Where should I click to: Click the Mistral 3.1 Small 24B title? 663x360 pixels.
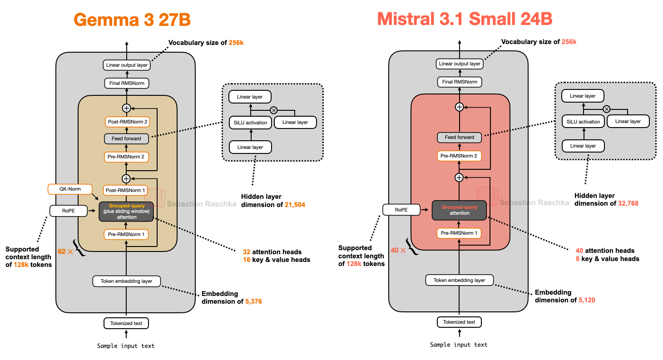(x=465, y=19)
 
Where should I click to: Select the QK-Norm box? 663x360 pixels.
(x=69, y=188)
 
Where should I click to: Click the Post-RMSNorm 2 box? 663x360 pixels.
(x=127, y=122)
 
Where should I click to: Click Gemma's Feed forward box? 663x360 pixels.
(x=127, y=138)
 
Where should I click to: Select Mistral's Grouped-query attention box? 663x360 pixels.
(x=460, y=210)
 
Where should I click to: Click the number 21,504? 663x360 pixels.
(x=295, y=205)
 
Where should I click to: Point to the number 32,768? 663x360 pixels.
(x=628, y=203)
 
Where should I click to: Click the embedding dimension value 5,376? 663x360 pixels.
(x=253, y=301)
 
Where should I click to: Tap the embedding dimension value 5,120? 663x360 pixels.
(x=587, y=300)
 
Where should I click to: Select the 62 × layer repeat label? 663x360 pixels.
(x=65, y=251)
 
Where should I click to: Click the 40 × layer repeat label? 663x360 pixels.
(x=398, y=250)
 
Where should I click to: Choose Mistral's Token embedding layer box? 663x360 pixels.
(x=460, y=280)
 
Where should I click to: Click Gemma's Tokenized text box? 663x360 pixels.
(x=127, y=323)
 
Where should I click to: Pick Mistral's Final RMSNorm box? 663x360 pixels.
(x=460, y=82)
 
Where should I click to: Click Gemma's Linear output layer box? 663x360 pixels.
(x=127, y=65)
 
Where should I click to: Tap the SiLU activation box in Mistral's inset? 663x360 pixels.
(x=583, y=122)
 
